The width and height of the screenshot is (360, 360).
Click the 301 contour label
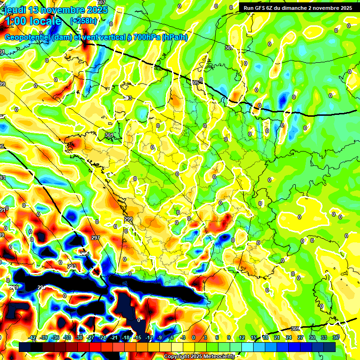[109, 135]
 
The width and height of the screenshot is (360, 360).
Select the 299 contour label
[128, 219]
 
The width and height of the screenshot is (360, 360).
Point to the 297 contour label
[96, 238]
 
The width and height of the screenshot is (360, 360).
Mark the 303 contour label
[128, 98]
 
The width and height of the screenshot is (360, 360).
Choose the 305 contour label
[295, 329]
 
